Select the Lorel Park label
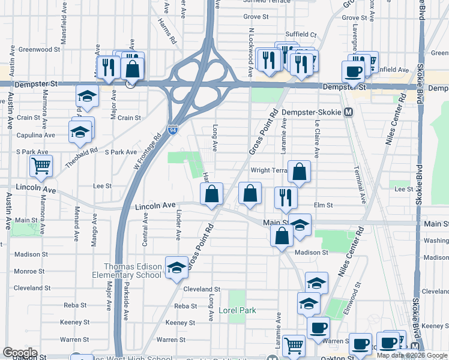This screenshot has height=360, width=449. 237,310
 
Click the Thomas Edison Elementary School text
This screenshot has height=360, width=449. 133,271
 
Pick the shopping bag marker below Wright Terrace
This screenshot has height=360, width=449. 299,173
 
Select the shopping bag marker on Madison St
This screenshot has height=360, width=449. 282,236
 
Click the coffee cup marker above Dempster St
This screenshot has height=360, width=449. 353,71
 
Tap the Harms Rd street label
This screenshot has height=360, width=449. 167,30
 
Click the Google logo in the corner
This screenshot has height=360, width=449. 20,353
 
